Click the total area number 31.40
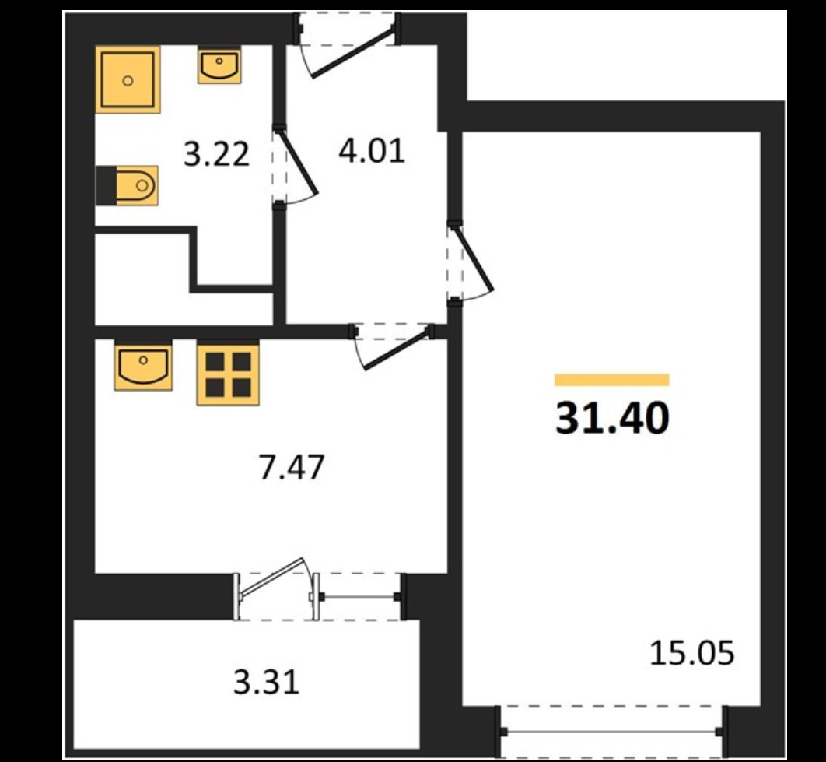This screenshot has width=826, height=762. coord(612,420)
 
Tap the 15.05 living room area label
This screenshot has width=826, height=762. coord(691,654)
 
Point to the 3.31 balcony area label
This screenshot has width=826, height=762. coord(267,683)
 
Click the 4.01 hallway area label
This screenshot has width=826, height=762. coord(372,150)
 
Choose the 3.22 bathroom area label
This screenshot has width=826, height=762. coord(216,154)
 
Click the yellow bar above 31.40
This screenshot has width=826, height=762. coord(612,380)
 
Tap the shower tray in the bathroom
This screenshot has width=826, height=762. coord(128,79)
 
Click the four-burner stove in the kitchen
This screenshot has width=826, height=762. coord(227,374)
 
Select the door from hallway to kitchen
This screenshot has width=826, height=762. coord(392,343)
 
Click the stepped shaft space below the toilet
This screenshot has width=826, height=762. coord(140,280)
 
